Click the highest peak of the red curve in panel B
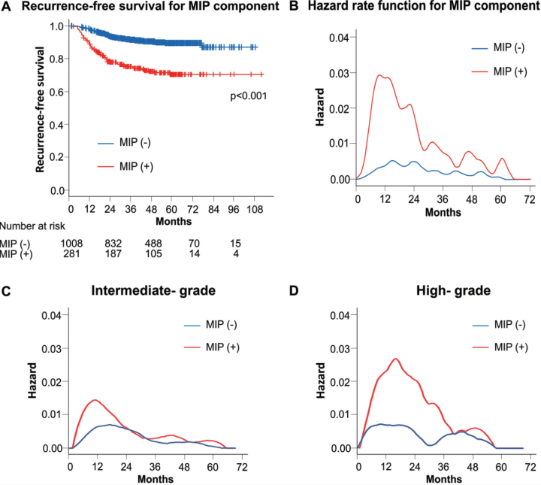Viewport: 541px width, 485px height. tap(382, 75)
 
